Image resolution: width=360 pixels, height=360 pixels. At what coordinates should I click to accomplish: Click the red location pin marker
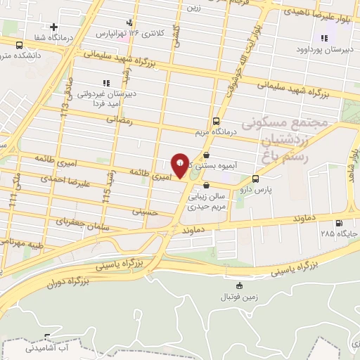coord(180,165)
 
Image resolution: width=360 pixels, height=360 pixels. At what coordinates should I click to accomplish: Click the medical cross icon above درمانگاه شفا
coord(53,27)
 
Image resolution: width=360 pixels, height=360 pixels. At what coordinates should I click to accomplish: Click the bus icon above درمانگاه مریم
coord(216,120)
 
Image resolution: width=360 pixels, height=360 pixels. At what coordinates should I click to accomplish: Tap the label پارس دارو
coord(255,189)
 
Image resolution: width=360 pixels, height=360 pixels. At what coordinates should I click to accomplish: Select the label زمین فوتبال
coord(241,297)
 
